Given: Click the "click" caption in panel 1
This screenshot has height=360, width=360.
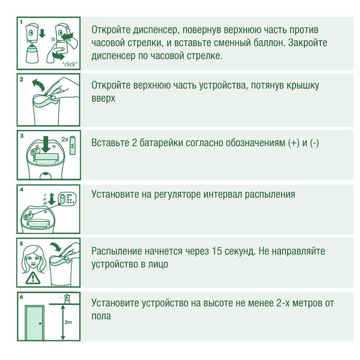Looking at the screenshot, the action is (70, 64).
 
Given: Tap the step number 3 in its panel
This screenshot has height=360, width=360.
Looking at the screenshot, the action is (22, 136).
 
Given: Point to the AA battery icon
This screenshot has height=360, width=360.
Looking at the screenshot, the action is (73, 145).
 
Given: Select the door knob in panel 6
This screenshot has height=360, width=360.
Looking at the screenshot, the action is (40, 324).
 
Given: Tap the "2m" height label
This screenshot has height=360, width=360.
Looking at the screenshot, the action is (68, 322).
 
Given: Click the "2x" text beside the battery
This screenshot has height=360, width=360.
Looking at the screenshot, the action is (65, 139).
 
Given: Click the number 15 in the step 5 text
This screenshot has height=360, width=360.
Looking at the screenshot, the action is (217, 251).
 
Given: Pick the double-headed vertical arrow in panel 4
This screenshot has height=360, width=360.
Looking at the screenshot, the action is (52, 199).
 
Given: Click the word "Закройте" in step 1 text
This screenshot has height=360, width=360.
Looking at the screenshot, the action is (308, 43).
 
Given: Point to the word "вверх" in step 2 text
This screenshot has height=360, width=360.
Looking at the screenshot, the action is (103, 99).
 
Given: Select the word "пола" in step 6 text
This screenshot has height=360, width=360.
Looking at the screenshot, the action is (101, 316).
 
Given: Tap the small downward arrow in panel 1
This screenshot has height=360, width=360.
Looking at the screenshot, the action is (42, 33).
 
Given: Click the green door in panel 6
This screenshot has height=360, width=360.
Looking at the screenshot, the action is (35, 322).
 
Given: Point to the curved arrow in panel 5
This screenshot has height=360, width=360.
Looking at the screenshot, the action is (56, 247).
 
